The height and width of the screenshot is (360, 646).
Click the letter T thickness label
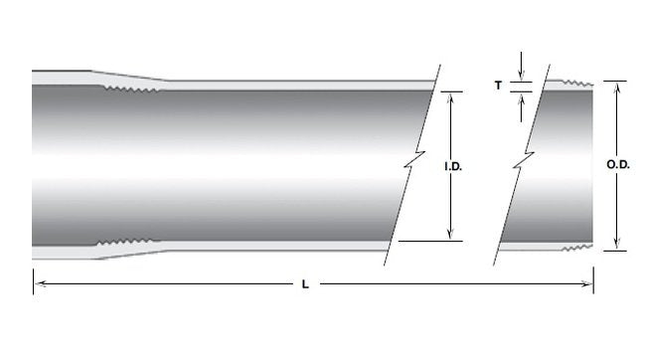[498, 86]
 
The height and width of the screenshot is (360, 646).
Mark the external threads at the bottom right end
[577, 248]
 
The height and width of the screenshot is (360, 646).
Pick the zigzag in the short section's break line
[523, 159]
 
